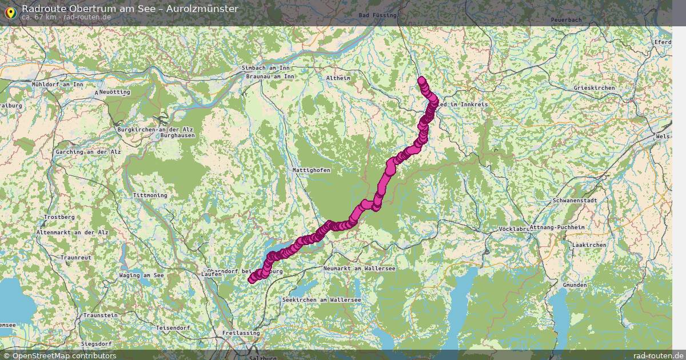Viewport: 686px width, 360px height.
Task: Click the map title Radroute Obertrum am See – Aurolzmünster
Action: point(130,8)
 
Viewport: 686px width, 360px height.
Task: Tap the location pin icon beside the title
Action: point(10,12)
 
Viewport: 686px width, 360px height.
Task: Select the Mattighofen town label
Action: point(311,170)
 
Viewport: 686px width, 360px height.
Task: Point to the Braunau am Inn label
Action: point(270,76)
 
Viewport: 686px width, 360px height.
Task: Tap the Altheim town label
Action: point(337,78)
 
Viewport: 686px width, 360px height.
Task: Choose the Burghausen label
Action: point(177,135)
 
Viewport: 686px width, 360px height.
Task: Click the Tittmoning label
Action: point(150,195)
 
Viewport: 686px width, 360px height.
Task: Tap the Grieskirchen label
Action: point(594,88)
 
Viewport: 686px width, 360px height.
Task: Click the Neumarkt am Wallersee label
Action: point(359,268)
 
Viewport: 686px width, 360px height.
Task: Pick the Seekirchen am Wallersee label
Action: point(322,299)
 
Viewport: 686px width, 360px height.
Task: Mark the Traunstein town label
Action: point(100,315)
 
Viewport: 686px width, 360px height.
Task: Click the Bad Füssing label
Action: point(378,15)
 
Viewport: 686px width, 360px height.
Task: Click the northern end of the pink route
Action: point(422,81)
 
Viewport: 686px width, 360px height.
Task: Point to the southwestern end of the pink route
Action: point(252,279)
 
